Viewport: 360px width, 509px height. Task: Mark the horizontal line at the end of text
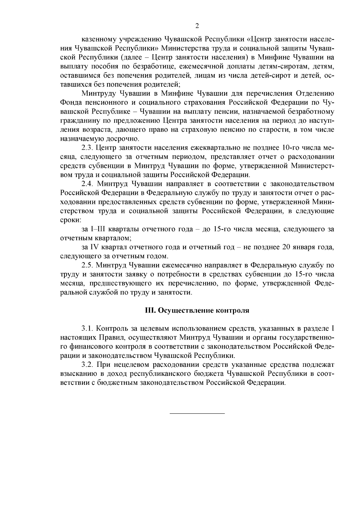click(x=197, y=414)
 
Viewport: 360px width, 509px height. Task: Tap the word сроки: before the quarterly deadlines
click(x=70, y=220)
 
